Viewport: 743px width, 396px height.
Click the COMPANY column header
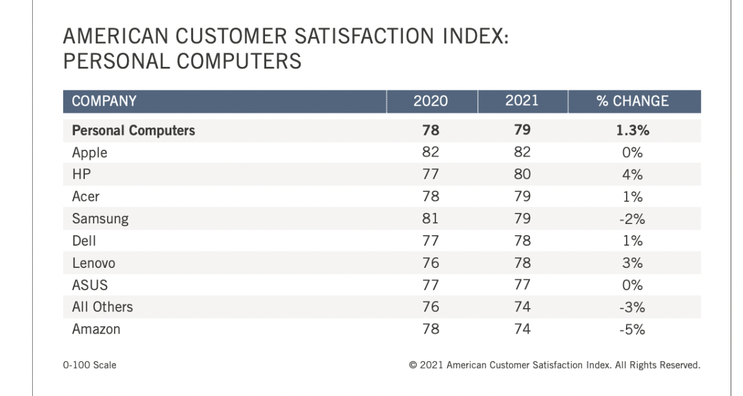pos(104,101)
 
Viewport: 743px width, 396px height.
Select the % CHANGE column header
pos(632,101)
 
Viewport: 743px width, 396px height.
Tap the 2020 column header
pos(430,101)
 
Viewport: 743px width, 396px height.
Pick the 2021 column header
pos(522,101)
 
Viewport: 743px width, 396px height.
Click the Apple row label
pos(90,153)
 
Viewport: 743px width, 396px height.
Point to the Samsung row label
pos(100,219)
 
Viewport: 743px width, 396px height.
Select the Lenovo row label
pos(94,263)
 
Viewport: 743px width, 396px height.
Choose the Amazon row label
pos(97,329)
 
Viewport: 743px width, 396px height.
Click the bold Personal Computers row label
pos(133,131)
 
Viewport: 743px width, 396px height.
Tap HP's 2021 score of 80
pos(522,175)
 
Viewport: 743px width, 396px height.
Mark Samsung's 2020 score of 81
pos(430,219)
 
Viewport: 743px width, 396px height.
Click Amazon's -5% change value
pos(632,329)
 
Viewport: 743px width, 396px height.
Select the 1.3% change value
pos(632,131)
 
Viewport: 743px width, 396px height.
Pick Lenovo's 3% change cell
pos(632,263)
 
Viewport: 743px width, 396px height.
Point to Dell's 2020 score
pos(430,241)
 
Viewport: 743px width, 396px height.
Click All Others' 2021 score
pos(522,307)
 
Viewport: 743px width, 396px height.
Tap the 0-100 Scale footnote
pos(89,365)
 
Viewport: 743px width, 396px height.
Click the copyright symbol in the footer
pos(413,365)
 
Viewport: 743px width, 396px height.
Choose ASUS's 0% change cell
pos(632,285)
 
